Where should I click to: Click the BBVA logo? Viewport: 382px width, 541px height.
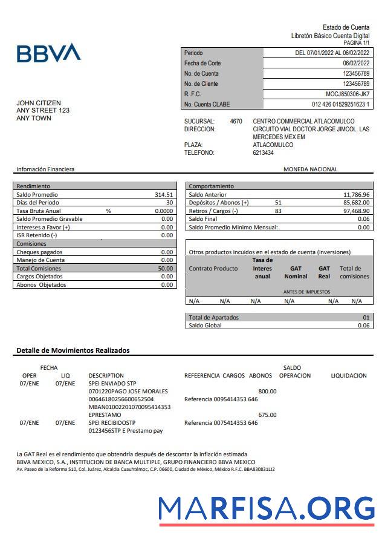click(48, 53)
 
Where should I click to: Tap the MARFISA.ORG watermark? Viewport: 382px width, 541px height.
click(267, 508)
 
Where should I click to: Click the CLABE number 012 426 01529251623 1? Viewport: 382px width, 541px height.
click(340, 104)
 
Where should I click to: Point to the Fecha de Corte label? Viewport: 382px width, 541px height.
click(202, 63)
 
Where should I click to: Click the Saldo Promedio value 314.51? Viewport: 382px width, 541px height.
click(164, 194)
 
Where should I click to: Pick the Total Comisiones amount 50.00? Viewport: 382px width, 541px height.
click(165, 268)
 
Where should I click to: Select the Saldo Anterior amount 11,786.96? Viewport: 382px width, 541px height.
click(352, 194)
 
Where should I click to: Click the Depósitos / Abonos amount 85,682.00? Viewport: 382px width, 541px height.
click(352, 203)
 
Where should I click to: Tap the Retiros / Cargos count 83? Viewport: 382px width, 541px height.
click(278, 211)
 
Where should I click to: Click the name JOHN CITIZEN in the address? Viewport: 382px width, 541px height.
click(39, 103)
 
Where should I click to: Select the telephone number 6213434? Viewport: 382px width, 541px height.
click(263, 152)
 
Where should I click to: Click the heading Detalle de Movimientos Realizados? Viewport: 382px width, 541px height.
click(73, 350)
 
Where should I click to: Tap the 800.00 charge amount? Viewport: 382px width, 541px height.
click(267, 391)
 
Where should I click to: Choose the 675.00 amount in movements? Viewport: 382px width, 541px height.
click(267, 415)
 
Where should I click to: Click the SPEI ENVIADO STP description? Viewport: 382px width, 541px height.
click(112, 383)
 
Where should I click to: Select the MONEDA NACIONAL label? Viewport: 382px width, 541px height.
click(310, 169)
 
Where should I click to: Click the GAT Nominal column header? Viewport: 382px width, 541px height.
click(296, 272)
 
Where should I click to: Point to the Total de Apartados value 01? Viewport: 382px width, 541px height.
click(366, 317)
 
